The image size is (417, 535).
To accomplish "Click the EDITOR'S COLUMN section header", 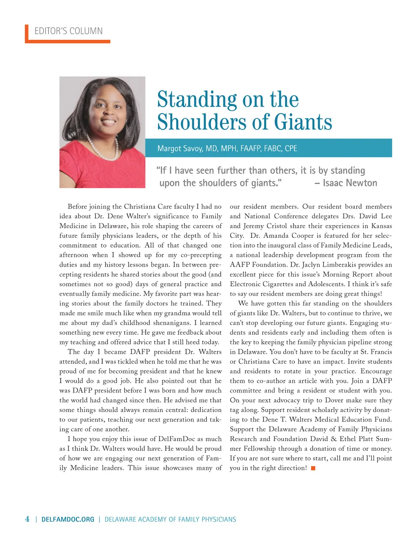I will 68,31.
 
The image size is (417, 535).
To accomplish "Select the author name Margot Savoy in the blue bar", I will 180,148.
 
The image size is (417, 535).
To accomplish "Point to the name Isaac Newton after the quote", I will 350,183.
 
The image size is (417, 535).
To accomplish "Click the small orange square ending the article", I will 313,468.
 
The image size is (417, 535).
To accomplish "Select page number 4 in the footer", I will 27,519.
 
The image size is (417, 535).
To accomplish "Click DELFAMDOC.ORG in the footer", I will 68,519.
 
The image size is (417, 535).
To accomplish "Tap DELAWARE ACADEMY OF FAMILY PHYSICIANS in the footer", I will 170,519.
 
